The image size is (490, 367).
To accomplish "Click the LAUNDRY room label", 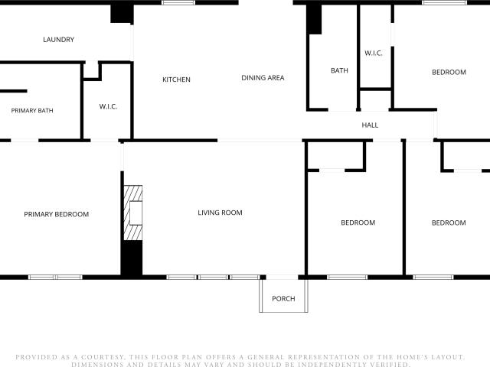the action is [x=58, y=40].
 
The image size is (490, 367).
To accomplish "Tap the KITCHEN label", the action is [x=176, y=80].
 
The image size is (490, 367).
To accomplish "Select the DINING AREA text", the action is [x=263, y=78].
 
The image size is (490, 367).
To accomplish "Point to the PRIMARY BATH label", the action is [x=32, y=110].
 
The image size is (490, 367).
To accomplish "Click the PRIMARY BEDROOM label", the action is [x=56, y=214].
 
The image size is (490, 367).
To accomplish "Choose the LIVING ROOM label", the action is [x=220, y=213].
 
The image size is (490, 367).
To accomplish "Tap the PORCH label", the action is [x=283, y=299].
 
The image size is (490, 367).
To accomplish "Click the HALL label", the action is [x=370, y=125].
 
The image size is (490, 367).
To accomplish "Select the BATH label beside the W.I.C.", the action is [x=339, y=70].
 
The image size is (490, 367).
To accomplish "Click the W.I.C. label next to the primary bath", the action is [x=108, y=106].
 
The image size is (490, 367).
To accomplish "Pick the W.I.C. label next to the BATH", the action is [x=374, y=53].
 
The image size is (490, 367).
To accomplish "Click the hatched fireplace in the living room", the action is [x=133, y=213].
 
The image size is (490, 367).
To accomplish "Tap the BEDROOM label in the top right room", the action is [x=449, y=72].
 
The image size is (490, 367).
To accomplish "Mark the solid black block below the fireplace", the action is [x=132, y=258].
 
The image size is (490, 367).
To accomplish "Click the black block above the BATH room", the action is [x=314, y=19].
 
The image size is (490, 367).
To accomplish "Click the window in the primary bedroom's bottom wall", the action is [x=55, y=277].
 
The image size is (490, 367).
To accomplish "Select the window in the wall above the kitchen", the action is [x=178, y=2].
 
